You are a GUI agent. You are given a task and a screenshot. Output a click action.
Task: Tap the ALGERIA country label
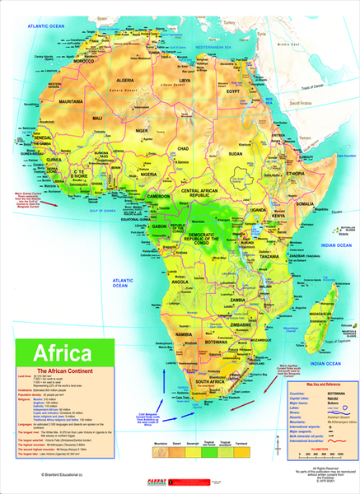[x=125, y=81]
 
